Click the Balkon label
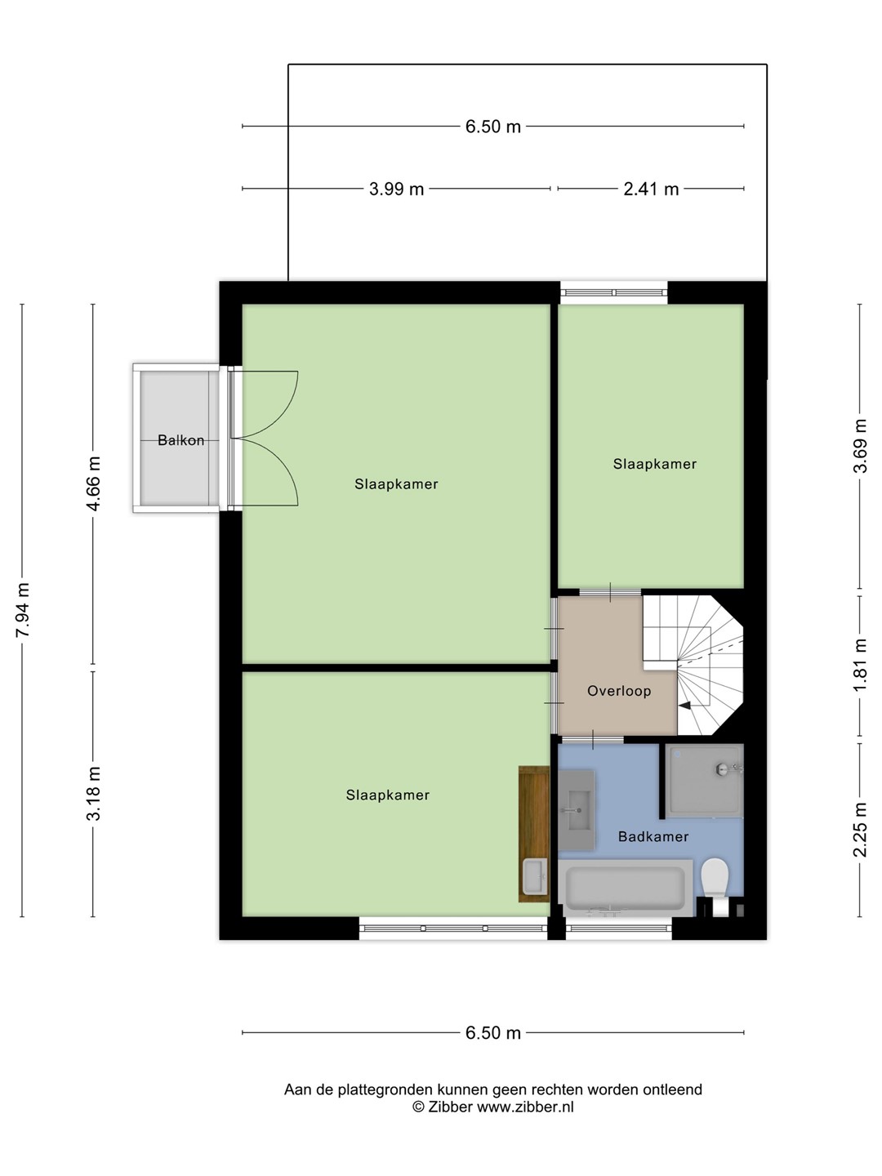[x=180, y=440]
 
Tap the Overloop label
[x=619, y=691]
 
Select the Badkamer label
[x=653, y=836]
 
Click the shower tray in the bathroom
[x=704, y=780]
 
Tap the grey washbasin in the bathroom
[x=577, y=810]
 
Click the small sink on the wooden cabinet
[x=534, y=876]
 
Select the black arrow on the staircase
[x=684, y=706]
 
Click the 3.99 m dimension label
[x=396, y=189]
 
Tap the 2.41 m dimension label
[x=651, y=189]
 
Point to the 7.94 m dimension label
[x=23, y=610]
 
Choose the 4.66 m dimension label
[x=93, y=483]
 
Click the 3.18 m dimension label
[x=93, y=794]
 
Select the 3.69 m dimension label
[x=859, y=446]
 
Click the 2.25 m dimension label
[x=859, y=830]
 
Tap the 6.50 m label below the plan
[x=492, y=1032]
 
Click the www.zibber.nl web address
[x=525, y=1107]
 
